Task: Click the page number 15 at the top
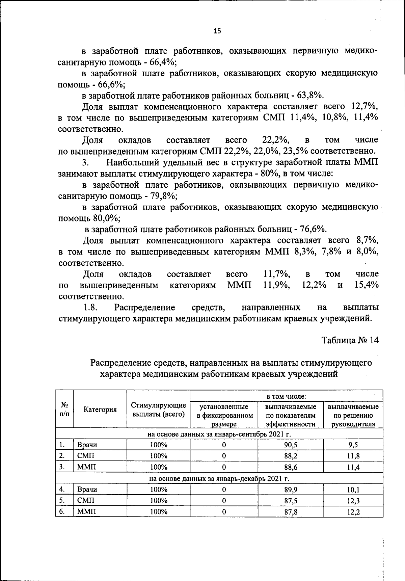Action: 217,31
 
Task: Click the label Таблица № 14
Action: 350,340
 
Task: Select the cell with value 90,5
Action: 291,445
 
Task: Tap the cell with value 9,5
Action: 353,445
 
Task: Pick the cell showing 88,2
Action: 291,456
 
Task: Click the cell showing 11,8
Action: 353,456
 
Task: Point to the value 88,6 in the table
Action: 291,467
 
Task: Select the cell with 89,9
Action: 291,490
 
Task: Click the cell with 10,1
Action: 353,490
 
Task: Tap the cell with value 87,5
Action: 291,501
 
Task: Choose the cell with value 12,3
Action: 353,501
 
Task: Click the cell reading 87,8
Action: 291,512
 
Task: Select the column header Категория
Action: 100,410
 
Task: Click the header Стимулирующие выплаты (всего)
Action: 158,410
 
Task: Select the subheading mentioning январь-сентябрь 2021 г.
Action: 219,434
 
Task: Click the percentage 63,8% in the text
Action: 310,95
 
